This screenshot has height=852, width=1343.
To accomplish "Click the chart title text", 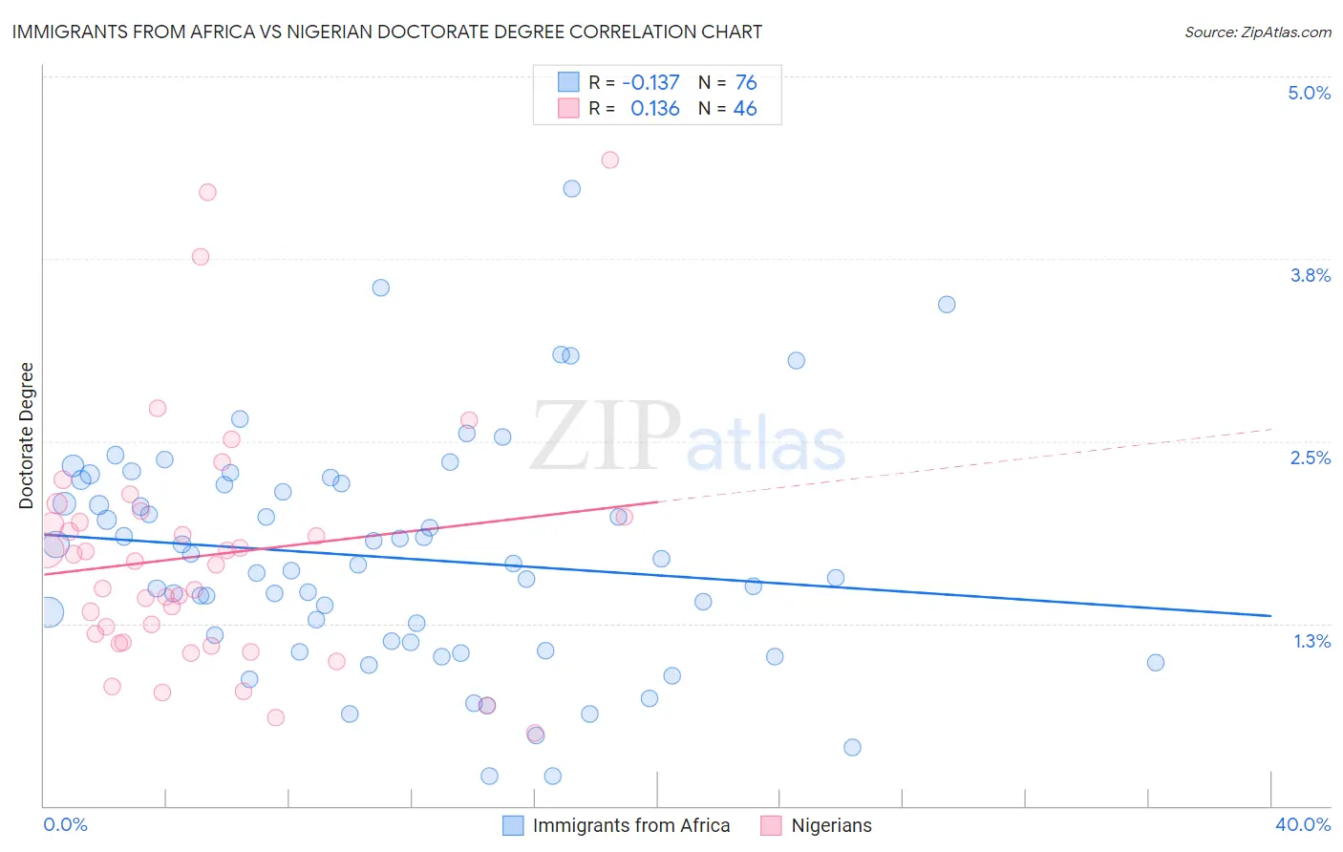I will (x=387, y=32).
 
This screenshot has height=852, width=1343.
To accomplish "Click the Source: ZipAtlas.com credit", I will (x=1257, y=32).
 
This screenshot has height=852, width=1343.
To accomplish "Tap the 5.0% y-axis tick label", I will (x=1309, y=93).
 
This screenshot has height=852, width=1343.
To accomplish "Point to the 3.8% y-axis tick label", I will (x=1310, y=275).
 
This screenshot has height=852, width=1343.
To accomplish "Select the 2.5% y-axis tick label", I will (x=1310, y=458).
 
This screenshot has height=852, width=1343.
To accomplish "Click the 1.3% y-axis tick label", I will (x=1311, y=641).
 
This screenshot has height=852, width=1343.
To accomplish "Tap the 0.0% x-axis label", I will (x=65, y=824).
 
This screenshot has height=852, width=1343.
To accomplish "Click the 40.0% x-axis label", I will (x=1302, y=824).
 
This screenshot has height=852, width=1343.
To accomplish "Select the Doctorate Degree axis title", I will (x=27, y=436).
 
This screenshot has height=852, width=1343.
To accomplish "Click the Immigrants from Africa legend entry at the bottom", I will (x=630, y=825).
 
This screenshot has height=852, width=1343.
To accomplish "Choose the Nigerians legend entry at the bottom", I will (x=831, y=825).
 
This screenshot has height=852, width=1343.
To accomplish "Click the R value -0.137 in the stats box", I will (x=650, y=83).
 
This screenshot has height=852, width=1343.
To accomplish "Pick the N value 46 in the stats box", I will (x=745, y=109).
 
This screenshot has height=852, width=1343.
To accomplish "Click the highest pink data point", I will (x=610, y=160).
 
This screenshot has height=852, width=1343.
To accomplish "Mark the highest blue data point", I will (x=572, y=188).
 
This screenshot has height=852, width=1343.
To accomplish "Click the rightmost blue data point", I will (x=1156, y=662).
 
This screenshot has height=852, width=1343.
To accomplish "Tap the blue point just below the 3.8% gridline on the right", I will (x=947, y=305).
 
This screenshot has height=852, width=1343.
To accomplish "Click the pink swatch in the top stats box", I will (x=568, y=108).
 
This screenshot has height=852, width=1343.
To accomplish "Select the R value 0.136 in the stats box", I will (x=654, y=109).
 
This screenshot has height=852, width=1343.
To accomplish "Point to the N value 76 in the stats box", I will (x=746, y=83).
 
